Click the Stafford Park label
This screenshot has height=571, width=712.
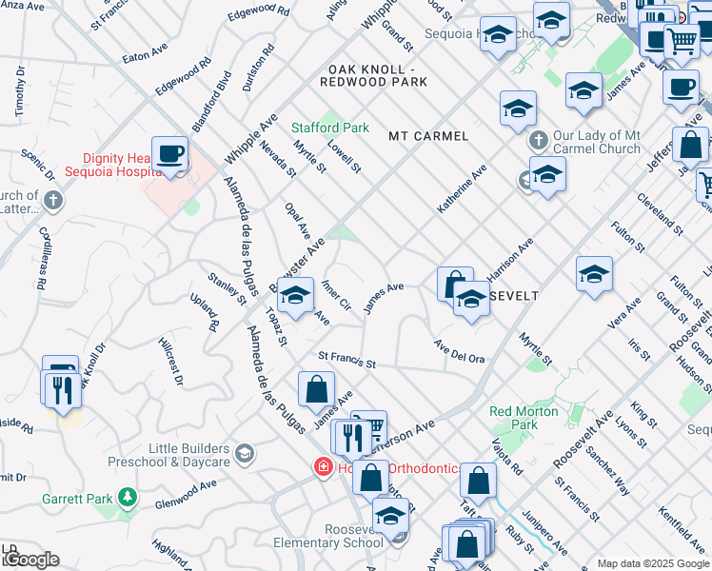coord(329,128)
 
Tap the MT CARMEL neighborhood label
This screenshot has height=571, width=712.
coord(428,136)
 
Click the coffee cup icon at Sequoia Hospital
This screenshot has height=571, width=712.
coord(170,154)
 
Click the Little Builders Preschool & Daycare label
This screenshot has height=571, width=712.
coord(188,455)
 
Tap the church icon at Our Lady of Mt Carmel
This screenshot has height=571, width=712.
coord(538,140)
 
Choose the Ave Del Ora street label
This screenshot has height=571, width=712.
coord(460,352)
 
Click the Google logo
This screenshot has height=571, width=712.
coord(30,560)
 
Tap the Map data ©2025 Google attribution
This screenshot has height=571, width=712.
coord(653,563)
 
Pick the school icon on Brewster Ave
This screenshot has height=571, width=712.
coord(296,296)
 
